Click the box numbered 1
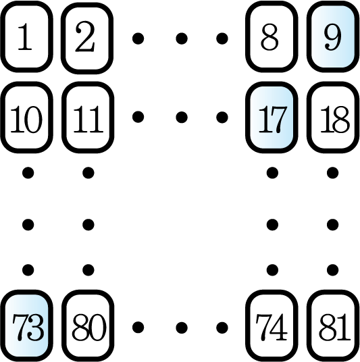tap(27, 36)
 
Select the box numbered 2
tap(87, 38)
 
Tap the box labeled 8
tap(272, 36)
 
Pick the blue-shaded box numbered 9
tap(333, 36)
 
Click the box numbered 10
tap(27, 117)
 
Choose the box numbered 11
tap(88, 117)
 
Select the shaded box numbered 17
tap(272, 117)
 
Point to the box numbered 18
tap(333, 117)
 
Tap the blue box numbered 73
tap(27, 326)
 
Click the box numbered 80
tap(88, 326)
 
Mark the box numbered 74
tap(272, 326)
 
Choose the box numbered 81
tap(333, 326)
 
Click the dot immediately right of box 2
tap(138, 38)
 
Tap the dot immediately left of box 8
tap(222, 38)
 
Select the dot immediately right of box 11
tap(138, 117)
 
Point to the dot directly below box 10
tap(28, 173)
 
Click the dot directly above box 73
tap(28, 269)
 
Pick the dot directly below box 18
tap(333, 173)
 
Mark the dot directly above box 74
tap(272, 269)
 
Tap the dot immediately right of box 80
tap(138, 328)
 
